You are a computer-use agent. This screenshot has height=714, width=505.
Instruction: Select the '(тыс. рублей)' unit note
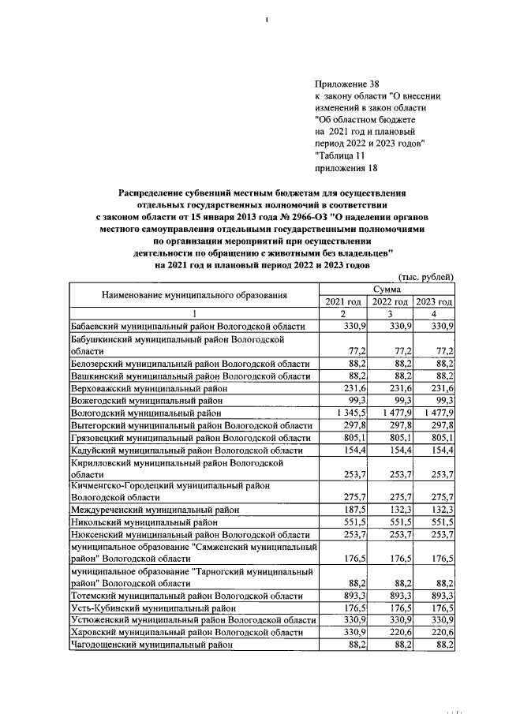point(426,276)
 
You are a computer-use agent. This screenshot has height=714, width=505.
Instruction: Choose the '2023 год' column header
point(434,302)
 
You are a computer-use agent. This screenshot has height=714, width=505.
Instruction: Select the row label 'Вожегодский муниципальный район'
point(144,400)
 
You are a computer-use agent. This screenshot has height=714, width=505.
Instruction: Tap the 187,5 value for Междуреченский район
point(350,510)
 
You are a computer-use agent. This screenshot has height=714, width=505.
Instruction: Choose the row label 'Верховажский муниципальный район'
point(147,388)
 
